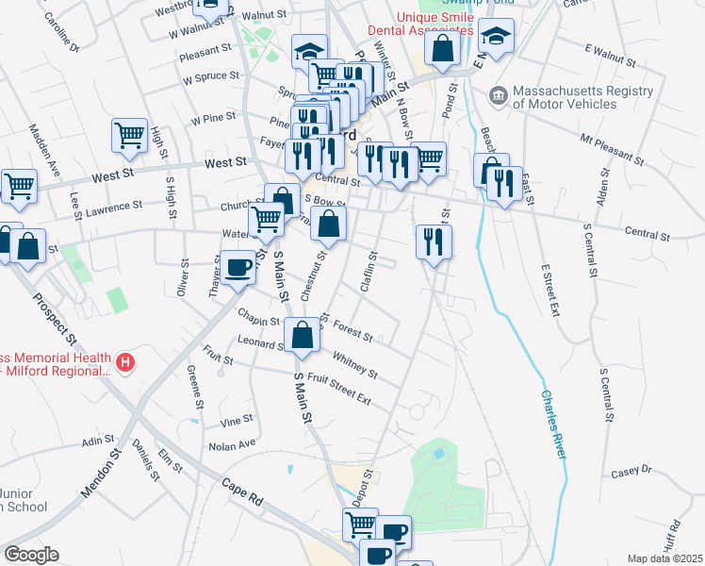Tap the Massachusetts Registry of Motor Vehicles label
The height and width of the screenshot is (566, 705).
(x=582, y=97)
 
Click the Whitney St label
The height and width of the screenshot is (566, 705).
(x=354, y=363)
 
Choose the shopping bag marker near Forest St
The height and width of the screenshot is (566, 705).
(x=301, y=335)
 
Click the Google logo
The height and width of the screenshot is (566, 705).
(x=31, y=555)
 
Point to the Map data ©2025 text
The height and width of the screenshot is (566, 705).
(x=665, y=558)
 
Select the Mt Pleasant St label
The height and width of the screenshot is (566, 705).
(x=613, y=150)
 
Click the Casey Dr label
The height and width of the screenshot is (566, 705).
(x=631, y=470)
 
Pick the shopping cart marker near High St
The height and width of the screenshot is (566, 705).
(x=129, y=134)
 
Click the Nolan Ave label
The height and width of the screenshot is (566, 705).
(x=232, y=444)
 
